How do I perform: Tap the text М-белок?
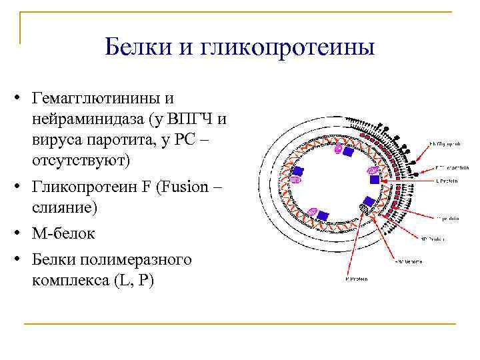[63, 234]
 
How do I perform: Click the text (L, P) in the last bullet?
[134, 281]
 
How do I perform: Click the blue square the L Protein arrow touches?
[375, 179]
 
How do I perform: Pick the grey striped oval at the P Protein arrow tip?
[363, 211]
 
